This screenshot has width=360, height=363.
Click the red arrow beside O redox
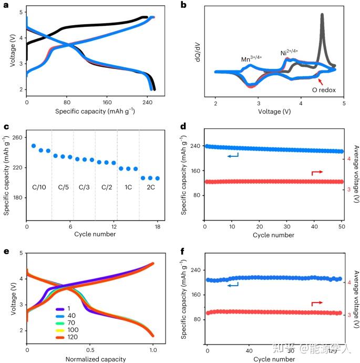click(x=317, y=80)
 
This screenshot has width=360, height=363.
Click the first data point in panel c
click(x=34, y=146)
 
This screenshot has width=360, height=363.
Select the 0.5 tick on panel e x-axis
click(x=90, y=349)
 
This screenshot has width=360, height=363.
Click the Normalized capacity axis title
click(x=90, y=359)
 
